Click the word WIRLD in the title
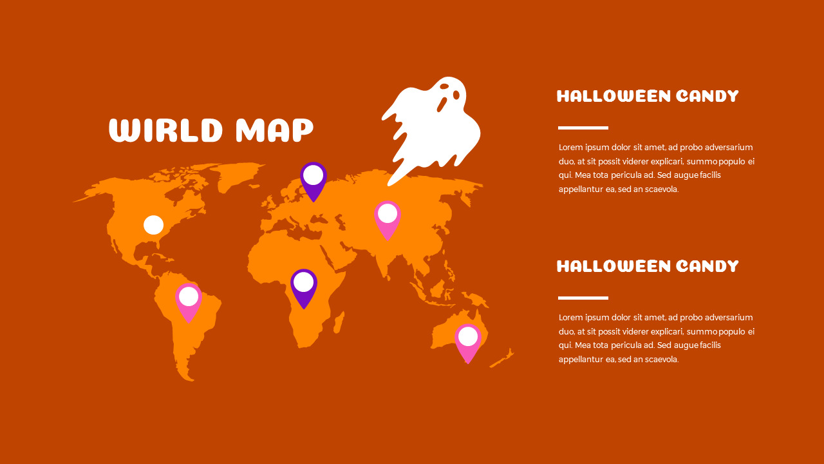(166, 130)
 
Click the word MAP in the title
(274, 130)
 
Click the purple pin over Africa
(304, 286)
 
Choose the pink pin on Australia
(468, 341)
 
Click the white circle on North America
(153, 225)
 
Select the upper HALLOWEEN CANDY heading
(648, 97)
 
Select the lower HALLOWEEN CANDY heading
(648, 266)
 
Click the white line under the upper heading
(583, 128)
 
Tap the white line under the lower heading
(583, 298)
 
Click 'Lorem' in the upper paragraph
(571, 148)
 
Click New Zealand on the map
(504, 358)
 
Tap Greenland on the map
(241, 175)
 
